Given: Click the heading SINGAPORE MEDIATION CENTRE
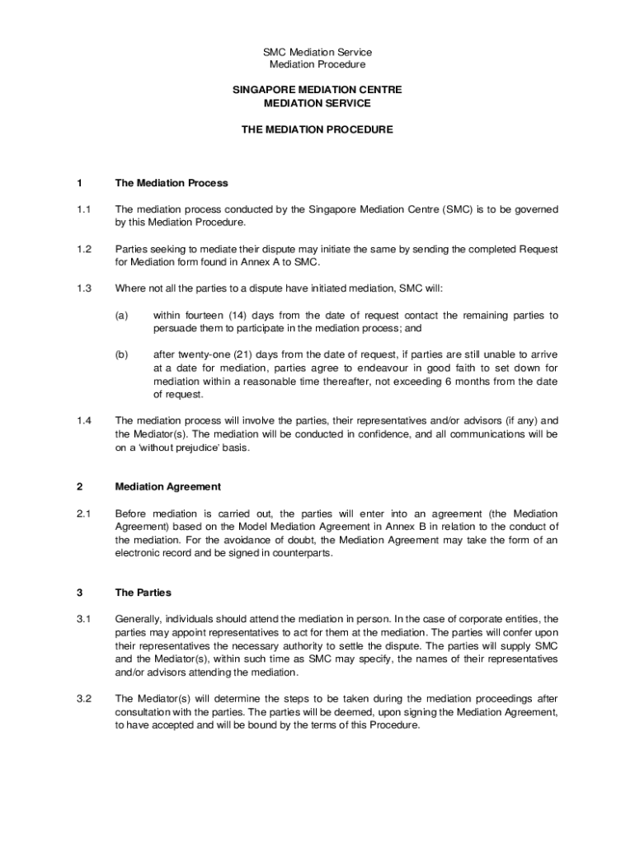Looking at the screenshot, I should point(317,89).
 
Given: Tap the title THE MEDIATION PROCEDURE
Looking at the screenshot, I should point(317,129).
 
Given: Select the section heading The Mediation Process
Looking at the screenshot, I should point(172,183).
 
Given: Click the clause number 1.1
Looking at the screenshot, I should point(83,209).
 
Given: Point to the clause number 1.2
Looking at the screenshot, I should point(83,249).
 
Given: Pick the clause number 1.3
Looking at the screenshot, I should point(83,288).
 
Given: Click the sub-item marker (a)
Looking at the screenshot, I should point(121,315).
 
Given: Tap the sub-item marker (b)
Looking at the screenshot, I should point(121,354).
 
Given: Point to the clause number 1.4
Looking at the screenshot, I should point(83,420).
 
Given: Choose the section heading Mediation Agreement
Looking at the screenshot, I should point(168,487).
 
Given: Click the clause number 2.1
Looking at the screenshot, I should point(83,513).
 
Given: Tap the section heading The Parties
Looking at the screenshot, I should point(143,593).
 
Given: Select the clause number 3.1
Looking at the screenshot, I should point(83,619).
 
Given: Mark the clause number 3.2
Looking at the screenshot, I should point(83,699).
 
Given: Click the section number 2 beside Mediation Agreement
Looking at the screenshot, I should point(79,487).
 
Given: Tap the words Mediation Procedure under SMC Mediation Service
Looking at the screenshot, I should point(317,64).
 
